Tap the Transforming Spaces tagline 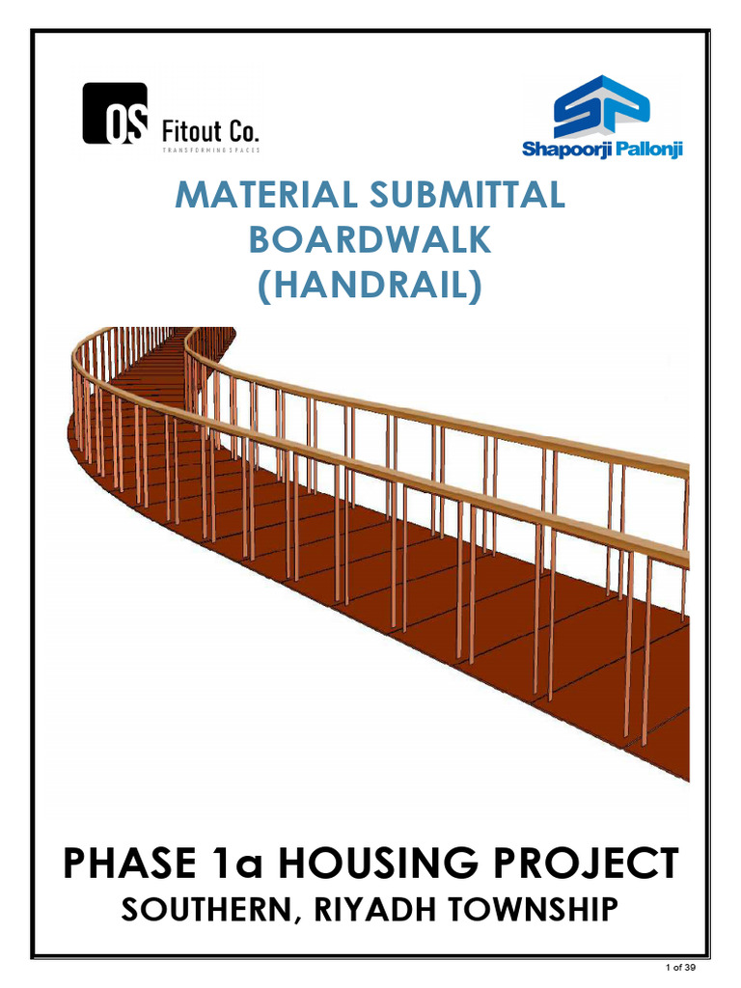[210, 151]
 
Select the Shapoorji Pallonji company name [602, 150]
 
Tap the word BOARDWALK [370, 240]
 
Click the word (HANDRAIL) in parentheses [370, 286]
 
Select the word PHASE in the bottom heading [128, 862]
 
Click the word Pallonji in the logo [644, 150]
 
